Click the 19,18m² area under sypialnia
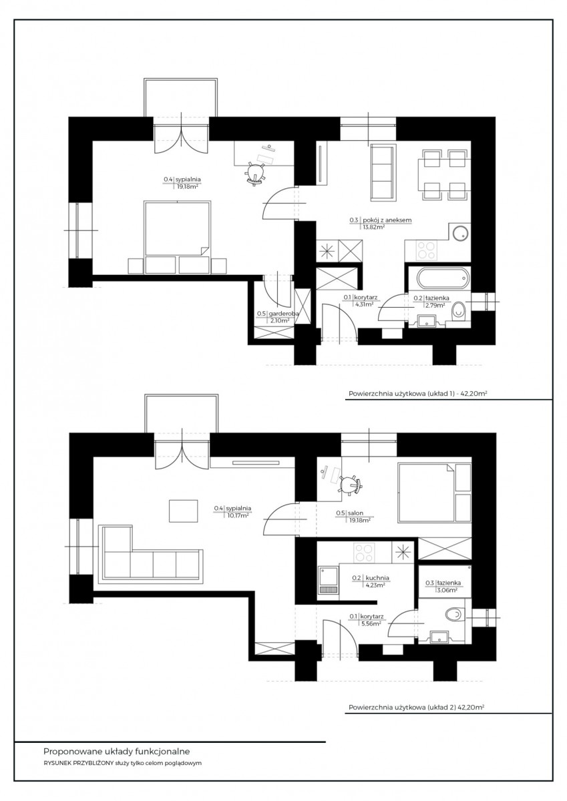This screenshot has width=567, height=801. (188, 186)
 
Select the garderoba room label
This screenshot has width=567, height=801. (283, 314)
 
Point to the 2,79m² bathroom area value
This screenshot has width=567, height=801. (435, 305)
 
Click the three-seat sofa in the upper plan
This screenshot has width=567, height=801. (383, 173)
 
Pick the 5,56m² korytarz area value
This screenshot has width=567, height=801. (371, 623)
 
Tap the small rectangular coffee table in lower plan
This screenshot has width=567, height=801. (184, 511)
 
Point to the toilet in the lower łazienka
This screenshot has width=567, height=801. (454, 615)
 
